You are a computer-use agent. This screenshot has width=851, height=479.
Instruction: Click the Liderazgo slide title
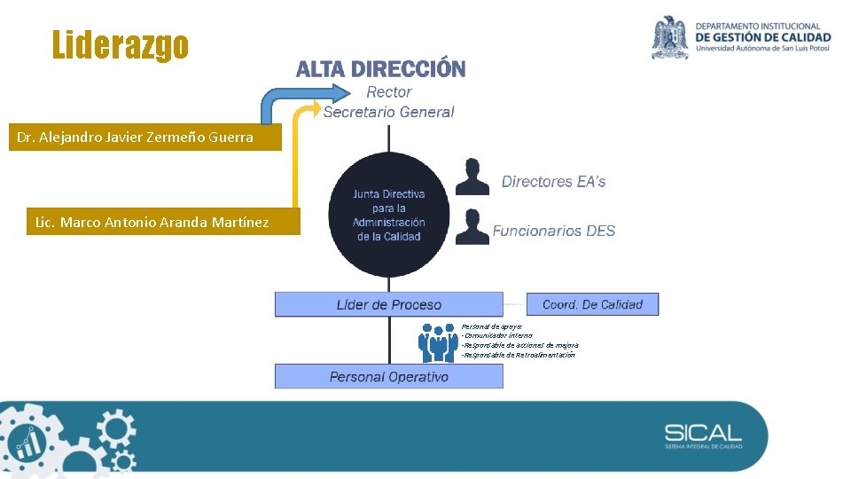pos(120,44)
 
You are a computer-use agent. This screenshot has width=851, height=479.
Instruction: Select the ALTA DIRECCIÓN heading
pos(380,69)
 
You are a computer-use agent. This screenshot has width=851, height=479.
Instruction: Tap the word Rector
pos(389,92)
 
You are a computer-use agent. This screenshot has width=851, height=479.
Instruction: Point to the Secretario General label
pos(388,112)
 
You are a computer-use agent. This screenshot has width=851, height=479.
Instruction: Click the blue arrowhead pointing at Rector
pos(341,91)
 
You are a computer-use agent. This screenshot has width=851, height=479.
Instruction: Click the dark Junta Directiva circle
pos(388,215)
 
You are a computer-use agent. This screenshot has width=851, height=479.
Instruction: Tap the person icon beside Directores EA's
pos(472,177)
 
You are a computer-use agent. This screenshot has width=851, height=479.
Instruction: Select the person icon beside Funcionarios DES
pos(472,227)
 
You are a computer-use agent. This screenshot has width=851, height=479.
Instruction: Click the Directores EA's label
pos(554,182)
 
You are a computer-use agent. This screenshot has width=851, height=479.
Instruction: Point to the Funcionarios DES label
pos(554,232)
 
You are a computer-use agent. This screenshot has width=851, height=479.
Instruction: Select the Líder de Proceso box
pos(388,304)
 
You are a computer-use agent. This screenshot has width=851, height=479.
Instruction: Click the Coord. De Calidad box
pos(592,304)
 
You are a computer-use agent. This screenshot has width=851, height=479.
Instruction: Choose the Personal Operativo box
pos(388,377)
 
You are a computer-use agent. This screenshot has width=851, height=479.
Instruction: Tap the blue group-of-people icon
pos(438,342)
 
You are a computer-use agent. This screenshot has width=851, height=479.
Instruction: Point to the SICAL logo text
pos(703,434)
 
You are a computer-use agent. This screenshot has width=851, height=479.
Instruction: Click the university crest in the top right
pos(670,37)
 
